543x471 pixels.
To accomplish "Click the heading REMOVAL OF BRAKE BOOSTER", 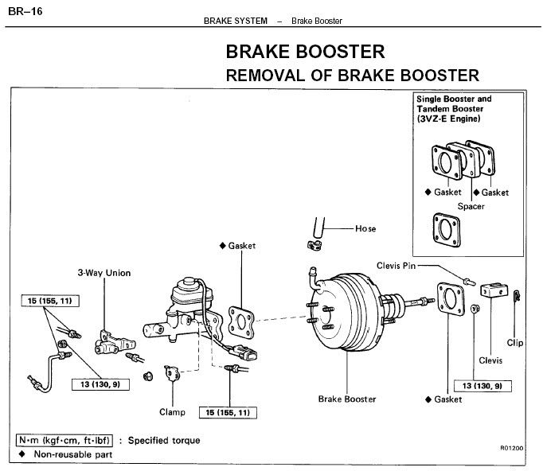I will [353, 76].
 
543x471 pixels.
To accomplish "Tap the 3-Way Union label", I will [104, 273].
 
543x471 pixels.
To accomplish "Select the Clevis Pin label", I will [396, 265].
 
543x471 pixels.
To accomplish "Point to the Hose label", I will [366, 228].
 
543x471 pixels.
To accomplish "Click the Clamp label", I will [172, 412].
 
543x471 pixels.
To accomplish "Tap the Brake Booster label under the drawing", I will [346, 399].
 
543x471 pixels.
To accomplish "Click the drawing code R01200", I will [512, 448].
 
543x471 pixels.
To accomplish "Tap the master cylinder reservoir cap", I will [189, 282].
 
